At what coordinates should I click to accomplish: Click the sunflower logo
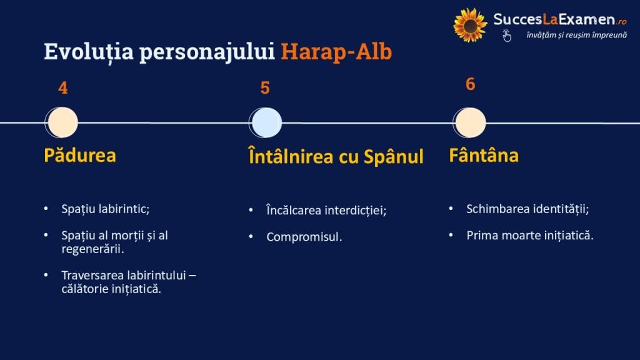(x=470, y=25)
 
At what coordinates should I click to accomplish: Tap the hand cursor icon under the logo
(x=507, y=36)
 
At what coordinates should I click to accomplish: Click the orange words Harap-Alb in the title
(x=336, y=52)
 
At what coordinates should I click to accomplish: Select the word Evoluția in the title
(x=89, y=52)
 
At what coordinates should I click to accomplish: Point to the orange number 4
(x=63, y=88)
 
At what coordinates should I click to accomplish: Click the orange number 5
(x=265, y=88)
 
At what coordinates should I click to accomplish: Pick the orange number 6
(x=470, y=84)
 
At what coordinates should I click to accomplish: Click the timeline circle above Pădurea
(x=62, y=122)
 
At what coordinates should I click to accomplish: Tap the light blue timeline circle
(x=265, y=122)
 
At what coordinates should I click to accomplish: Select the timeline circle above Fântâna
(x=469, y=122)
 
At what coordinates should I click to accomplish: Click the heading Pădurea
(x=80, y=155)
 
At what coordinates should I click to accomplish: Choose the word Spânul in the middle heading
(x=394, y=157)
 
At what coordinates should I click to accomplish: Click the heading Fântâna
(x=484, y=155)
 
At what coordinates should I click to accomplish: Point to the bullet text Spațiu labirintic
(x=105, y=209)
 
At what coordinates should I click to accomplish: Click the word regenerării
(x=92, y=249)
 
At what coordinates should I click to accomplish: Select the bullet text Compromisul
(x=304, y=237)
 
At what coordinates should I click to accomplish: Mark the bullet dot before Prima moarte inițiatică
(x=451, y=235)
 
